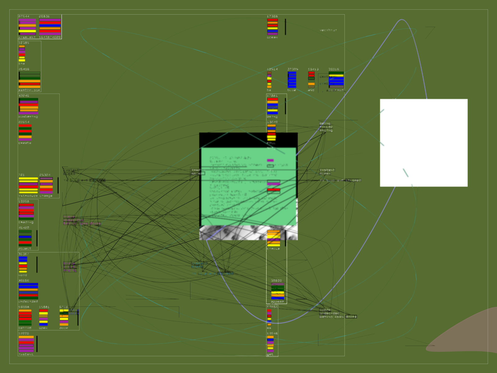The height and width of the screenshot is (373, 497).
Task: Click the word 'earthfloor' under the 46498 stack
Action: click(x=29, y=90)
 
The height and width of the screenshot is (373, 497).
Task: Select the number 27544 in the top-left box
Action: click(x=24, y=16)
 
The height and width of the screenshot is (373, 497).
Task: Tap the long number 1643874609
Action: click(x=50, y=37)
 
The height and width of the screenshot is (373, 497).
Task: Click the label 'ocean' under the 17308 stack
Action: click(x=272, y=37)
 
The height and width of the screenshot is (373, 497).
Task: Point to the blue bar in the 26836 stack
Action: click(x=50, y=25)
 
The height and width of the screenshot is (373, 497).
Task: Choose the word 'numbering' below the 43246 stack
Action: click(x=28, y=117)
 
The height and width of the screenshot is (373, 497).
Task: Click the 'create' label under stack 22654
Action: click(x=25, y=143)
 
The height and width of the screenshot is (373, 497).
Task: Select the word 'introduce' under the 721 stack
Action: click(x=28, y=196)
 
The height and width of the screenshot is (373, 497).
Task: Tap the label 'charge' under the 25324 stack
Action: click(x=46, y=196)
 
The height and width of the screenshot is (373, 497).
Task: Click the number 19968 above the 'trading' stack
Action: click(x=24, y=201)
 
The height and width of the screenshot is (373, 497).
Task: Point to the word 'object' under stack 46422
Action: click(x=25, y=249)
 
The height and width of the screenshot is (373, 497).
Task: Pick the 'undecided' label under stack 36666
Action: click(x=28, y=302)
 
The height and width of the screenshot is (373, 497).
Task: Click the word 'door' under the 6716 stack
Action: click(x=64, y=328)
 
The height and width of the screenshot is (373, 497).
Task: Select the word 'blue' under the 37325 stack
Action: click(x=292, y=90)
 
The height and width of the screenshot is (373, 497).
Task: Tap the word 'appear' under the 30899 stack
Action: click(x=277, y=302)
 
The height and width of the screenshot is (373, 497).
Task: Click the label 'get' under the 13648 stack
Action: click(x=270, y=354)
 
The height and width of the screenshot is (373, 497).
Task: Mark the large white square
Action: click(x=424, y=143)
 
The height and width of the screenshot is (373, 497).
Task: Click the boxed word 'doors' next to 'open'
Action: click(x=351, y=317)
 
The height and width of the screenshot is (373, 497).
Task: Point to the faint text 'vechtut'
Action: click(x=328, y=30)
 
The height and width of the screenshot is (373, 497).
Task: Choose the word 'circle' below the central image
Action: click(x=273, y=249)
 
